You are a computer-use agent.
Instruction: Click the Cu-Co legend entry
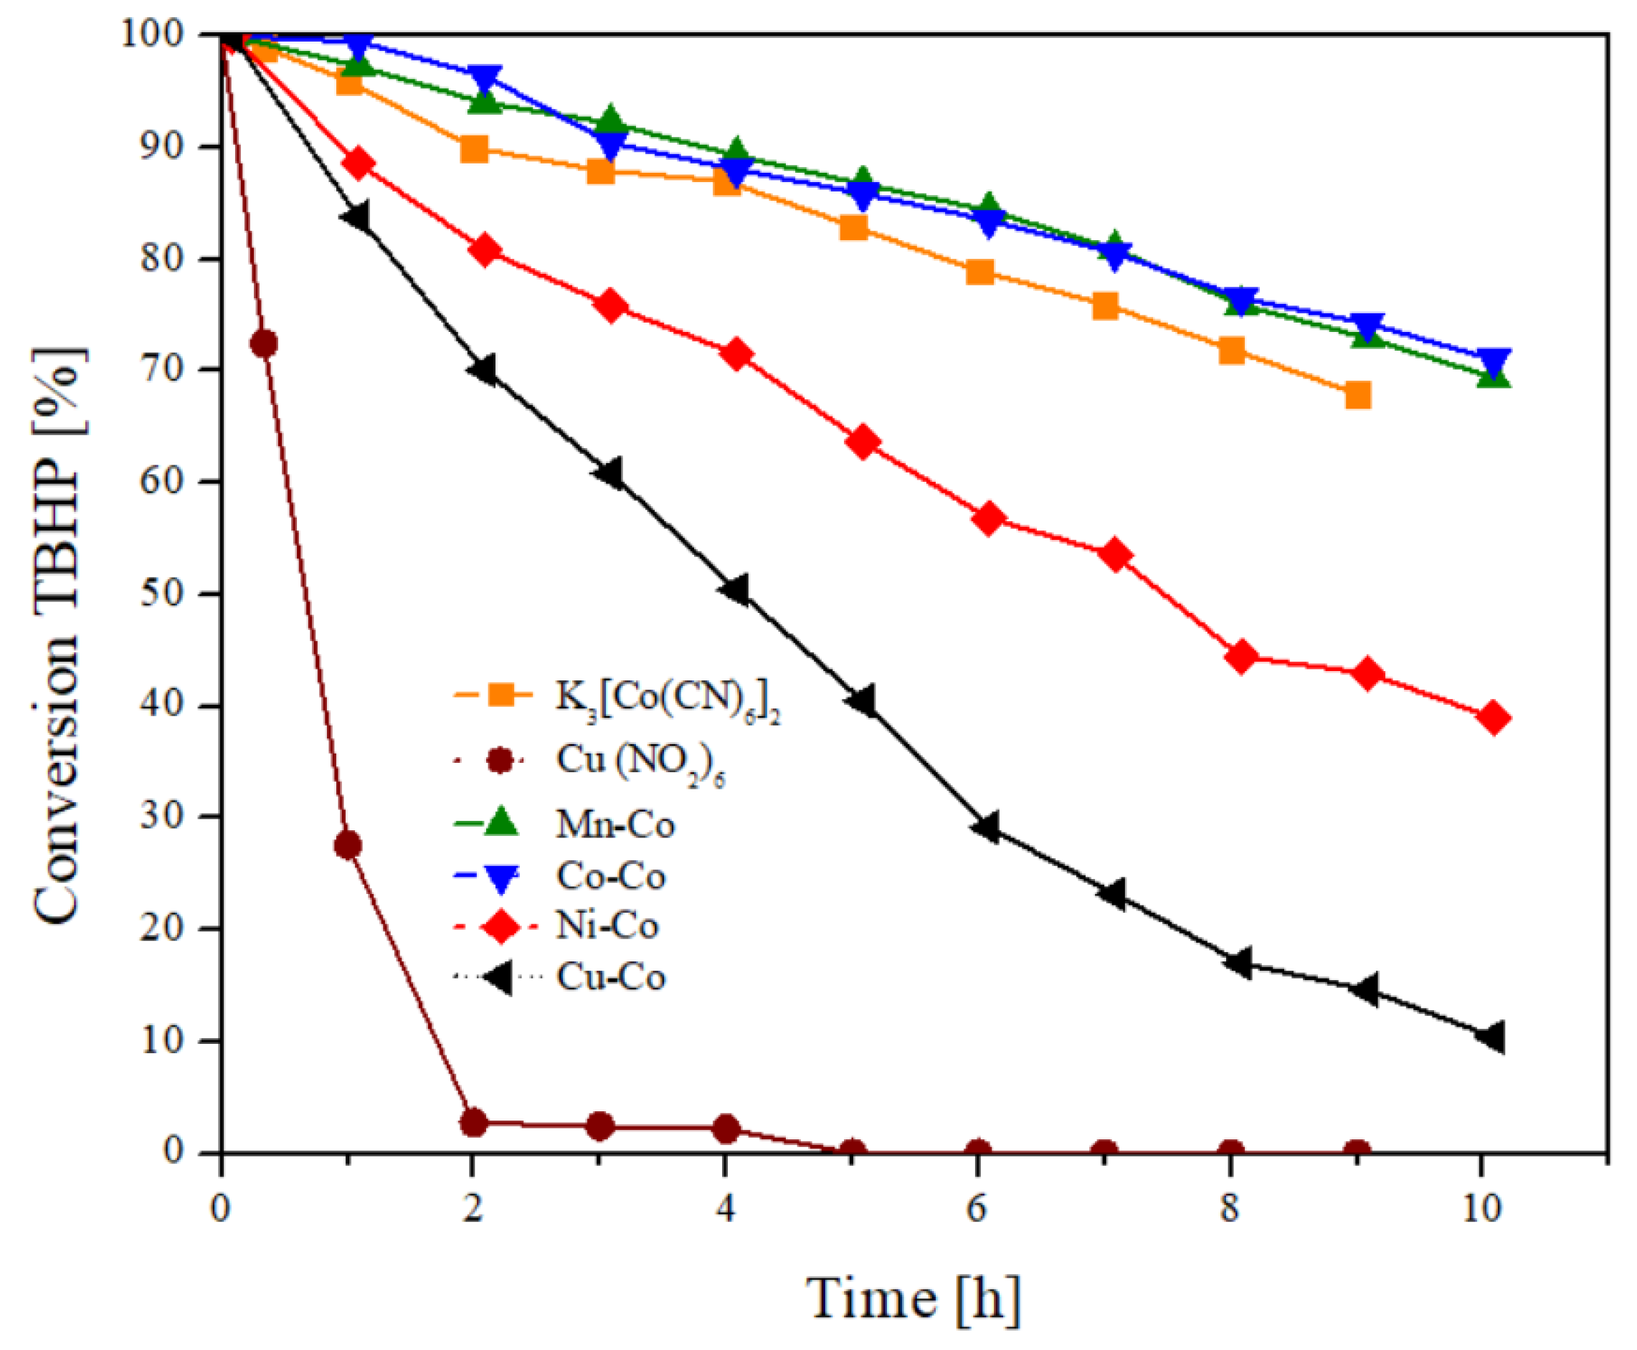click(610, 976)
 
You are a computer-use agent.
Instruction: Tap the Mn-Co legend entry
click(615, 824)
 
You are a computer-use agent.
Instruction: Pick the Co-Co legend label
click(610, 875)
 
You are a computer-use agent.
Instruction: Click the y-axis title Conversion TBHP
click(58, 634)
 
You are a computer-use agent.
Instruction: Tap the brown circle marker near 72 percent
click(264, 343)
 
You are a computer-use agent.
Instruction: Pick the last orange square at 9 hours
click(1357, 395)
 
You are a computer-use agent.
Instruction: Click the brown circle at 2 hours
click(473, 1122)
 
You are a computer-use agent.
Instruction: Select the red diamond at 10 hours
click(1494, 718)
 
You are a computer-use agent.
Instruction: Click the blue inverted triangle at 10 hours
click(1494, 361)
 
